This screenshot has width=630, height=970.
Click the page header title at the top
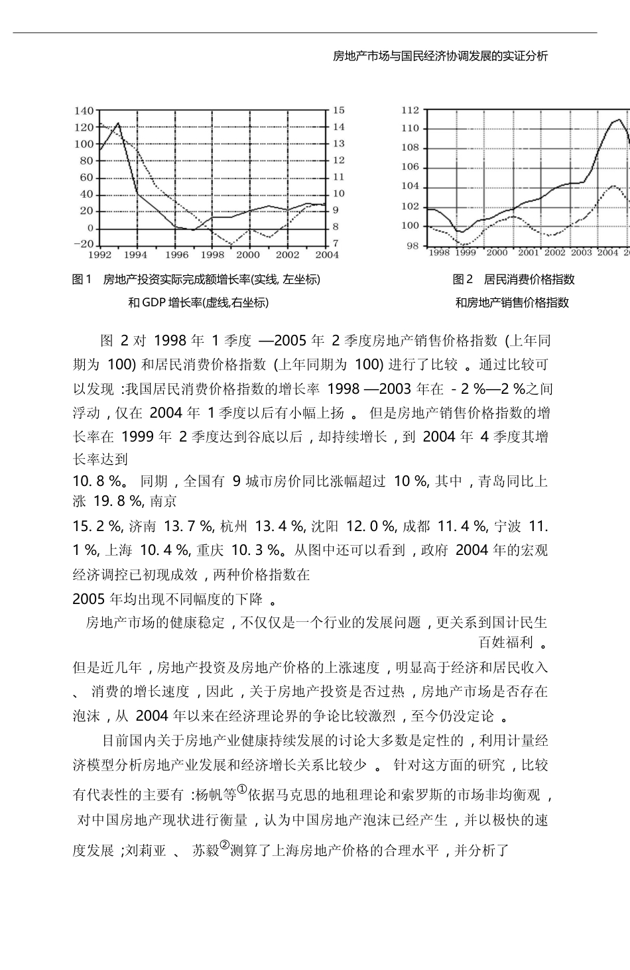440,56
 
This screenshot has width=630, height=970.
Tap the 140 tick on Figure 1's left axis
84,111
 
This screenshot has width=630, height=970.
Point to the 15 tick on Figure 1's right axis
338,111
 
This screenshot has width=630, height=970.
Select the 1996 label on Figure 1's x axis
177,255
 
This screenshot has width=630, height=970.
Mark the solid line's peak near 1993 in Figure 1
118,123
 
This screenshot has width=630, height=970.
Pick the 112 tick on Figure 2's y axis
410,110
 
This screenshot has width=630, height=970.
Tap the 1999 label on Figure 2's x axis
466,253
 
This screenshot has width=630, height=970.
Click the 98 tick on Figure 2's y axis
412,246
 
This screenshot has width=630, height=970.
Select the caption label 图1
81,280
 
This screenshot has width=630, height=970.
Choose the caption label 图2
462,279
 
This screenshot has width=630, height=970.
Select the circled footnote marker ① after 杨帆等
242,789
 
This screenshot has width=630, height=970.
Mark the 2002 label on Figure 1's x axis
288,255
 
